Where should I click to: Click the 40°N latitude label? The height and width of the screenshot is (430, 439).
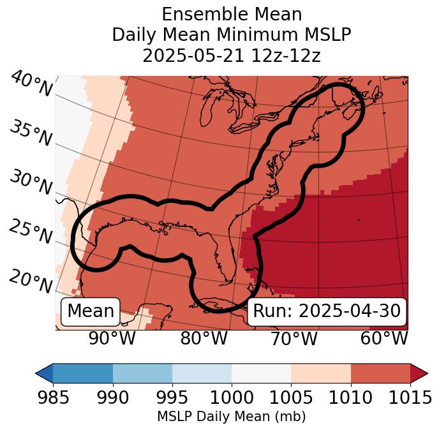point(31,84)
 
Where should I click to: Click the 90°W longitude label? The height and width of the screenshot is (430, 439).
point(112,338)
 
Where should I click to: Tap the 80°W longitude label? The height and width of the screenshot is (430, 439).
point(204,338)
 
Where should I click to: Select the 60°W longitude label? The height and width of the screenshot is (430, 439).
point(384,338)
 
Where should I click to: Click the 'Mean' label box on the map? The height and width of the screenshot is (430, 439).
point(91,311)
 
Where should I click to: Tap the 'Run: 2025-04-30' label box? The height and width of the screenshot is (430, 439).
point(327,311)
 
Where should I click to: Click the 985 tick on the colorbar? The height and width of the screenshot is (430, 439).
point(53,397)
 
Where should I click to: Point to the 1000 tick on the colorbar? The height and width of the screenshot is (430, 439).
point(232,397)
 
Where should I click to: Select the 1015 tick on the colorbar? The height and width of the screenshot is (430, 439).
point(410,397)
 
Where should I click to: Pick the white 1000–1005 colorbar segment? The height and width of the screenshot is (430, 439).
point(261,373)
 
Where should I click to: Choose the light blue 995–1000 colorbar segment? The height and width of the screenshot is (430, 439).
point(202,373)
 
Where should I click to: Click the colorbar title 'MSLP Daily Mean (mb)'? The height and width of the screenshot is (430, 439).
point(231,417)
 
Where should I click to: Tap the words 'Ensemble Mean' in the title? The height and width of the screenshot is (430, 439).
point(232,15)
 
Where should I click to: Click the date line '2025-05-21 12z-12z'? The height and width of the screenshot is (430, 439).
point(232,56)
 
